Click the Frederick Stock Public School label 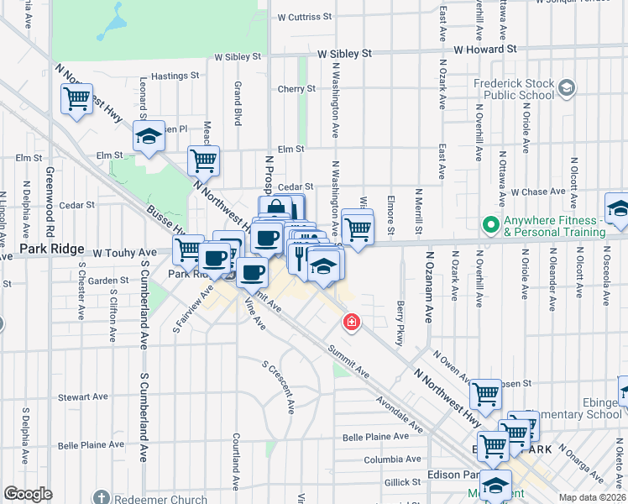coord(514,89)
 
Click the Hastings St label coord(175,76)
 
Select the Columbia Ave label coord(392,459)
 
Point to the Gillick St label coord(402,482)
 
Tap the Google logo coord(28,493)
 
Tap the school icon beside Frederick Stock coord(567,87)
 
